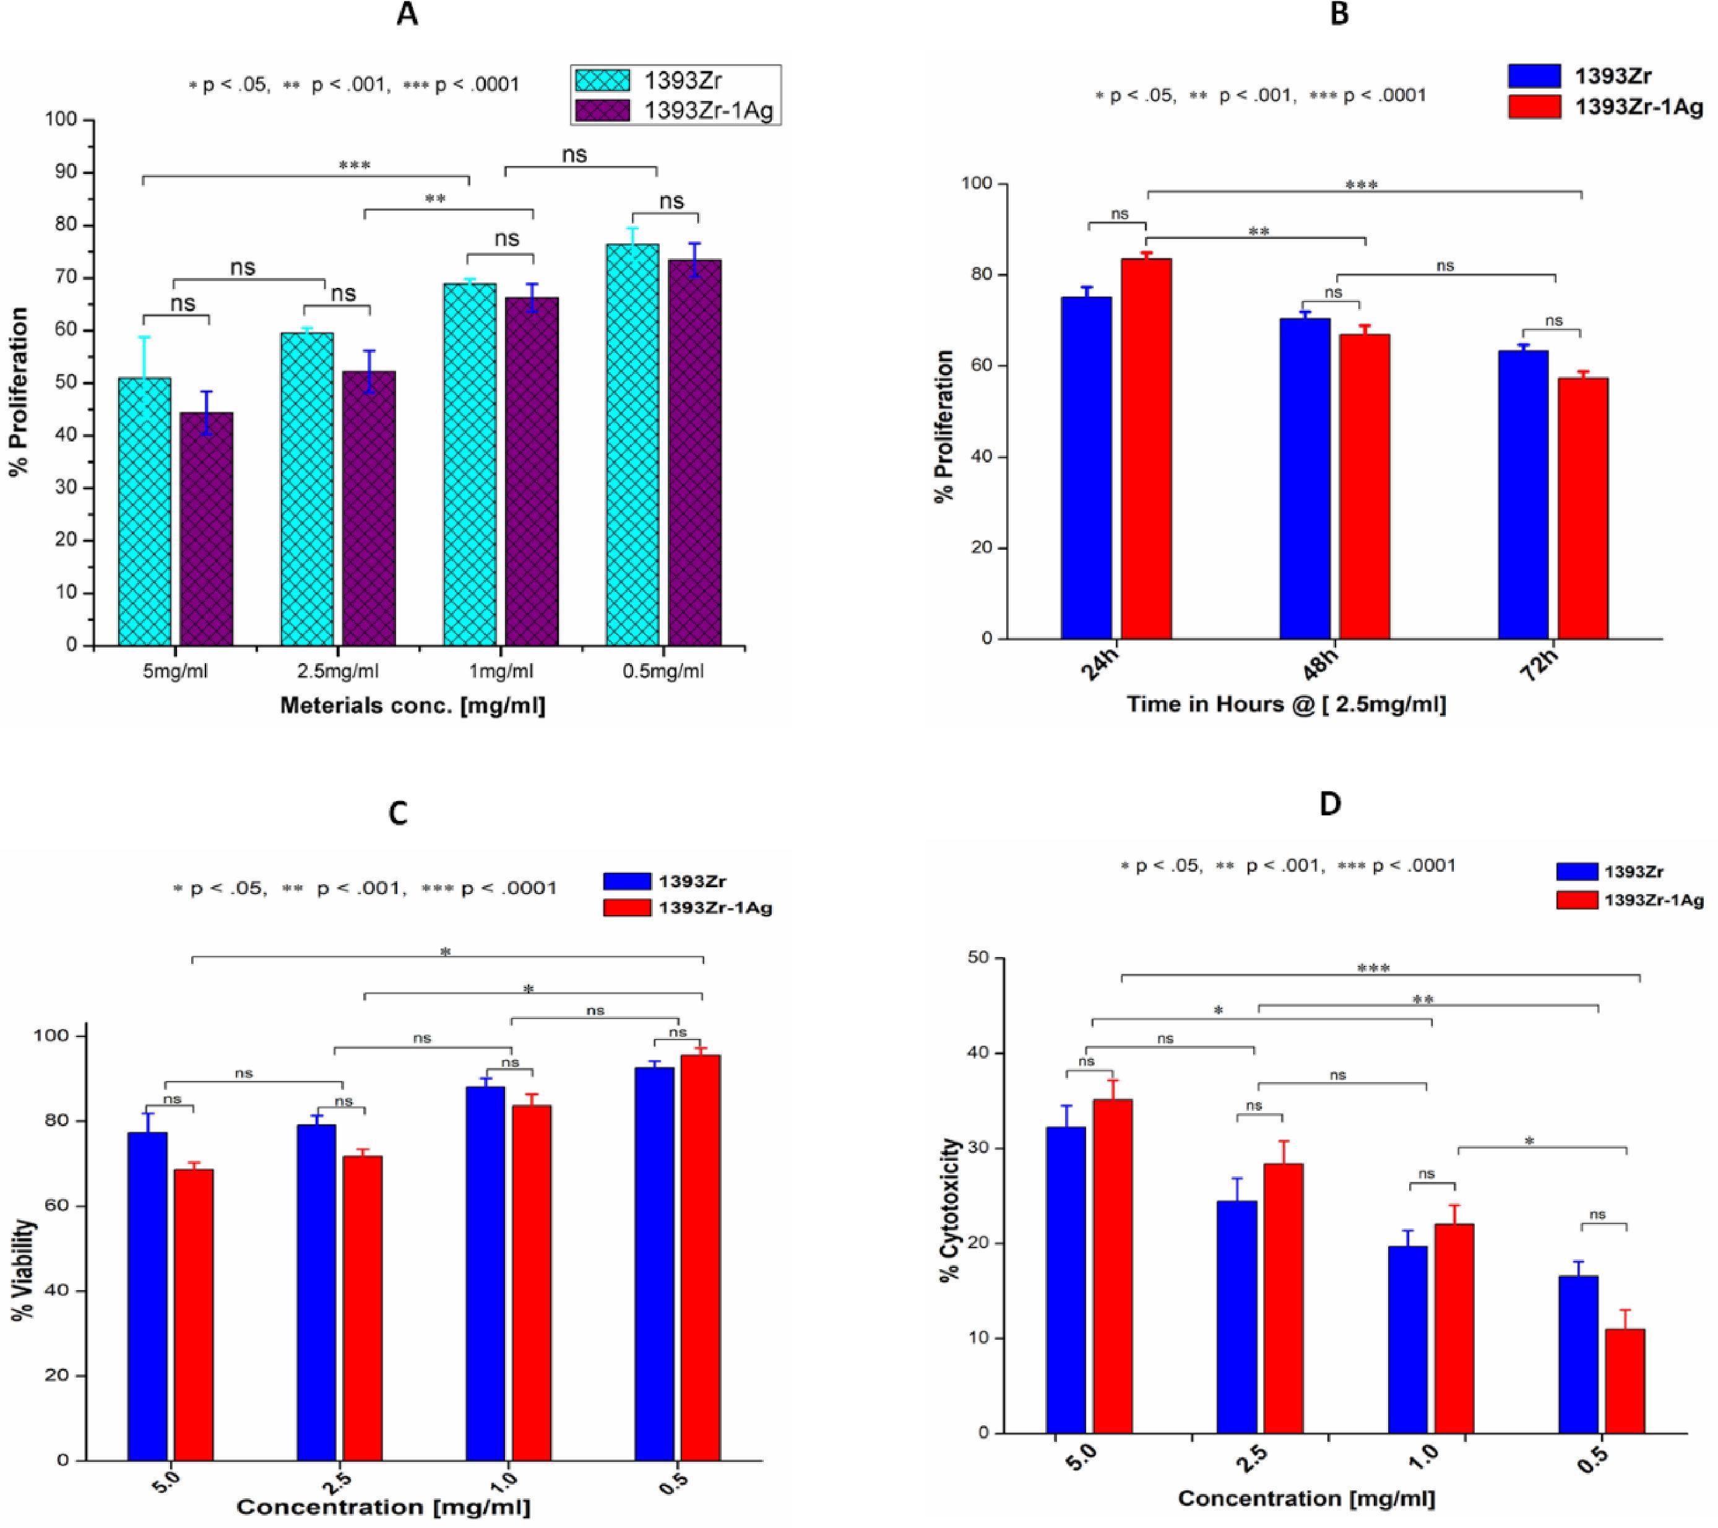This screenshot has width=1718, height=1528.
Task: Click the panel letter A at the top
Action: tap(407, 15)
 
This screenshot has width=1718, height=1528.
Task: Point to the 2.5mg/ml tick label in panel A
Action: tap(339, 672)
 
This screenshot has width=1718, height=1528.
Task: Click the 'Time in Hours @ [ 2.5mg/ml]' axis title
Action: tap(1286, 704)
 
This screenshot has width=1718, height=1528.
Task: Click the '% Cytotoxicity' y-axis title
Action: tap(950, 1210)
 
